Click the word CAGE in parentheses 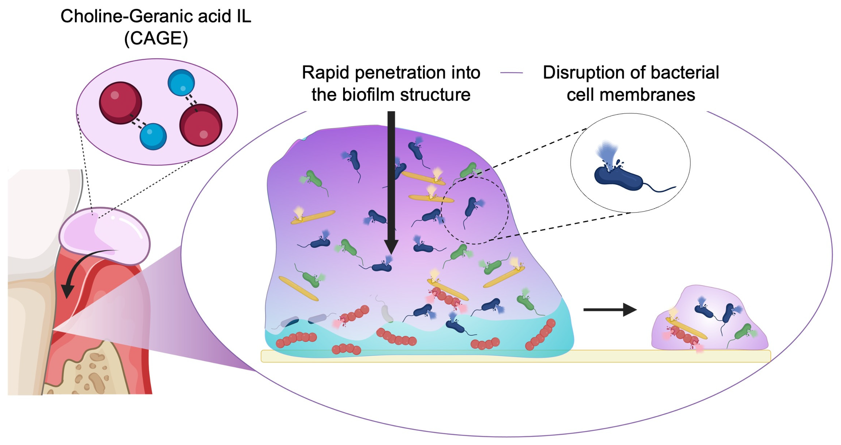156,39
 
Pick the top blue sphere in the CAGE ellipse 181,83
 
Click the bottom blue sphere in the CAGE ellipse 153,136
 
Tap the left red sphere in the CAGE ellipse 121,103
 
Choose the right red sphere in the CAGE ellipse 201,125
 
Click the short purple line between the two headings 512,73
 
